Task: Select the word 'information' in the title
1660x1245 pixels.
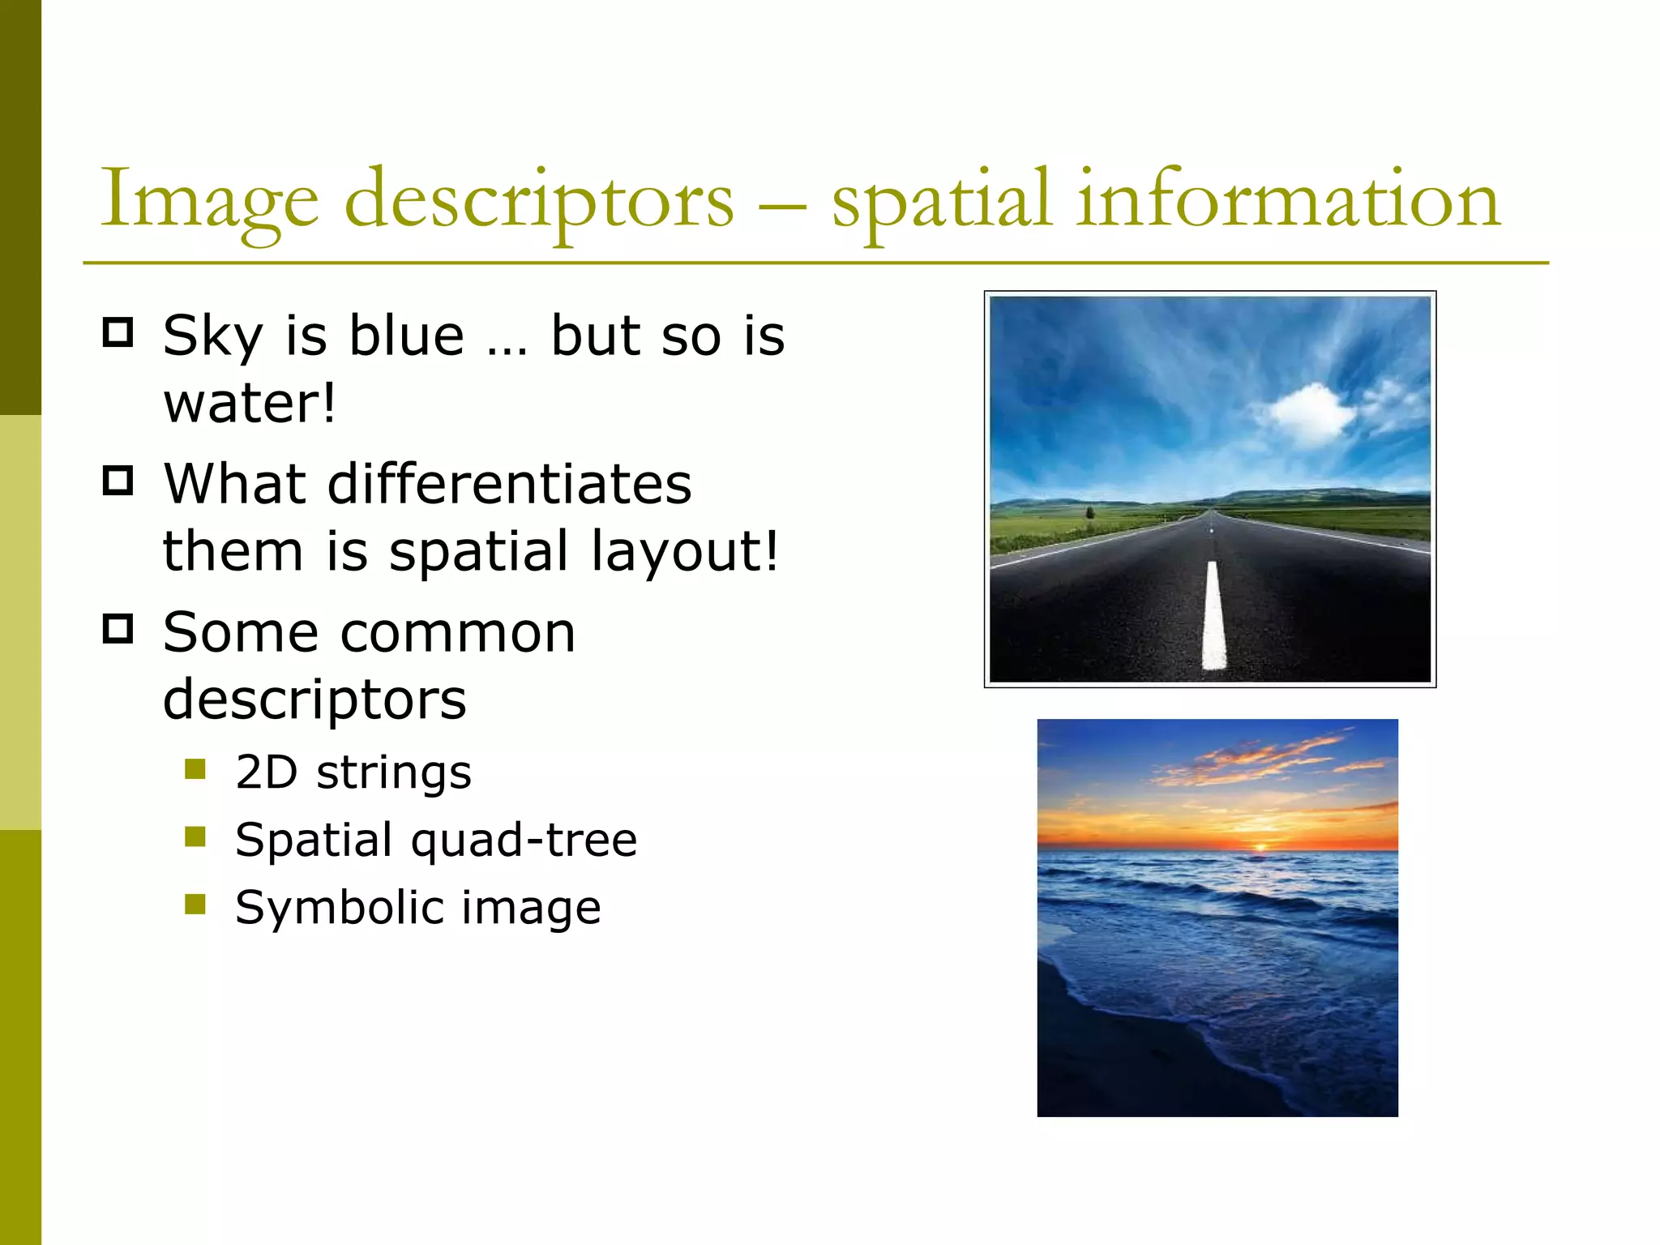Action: point(1288,199)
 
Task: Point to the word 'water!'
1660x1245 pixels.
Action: point(249,404)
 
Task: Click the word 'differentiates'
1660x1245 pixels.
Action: point(509,484)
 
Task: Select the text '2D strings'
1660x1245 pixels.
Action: point(353,772)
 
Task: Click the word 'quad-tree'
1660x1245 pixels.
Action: point(524,840)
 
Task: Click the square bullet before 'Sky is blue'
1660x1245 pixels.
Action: point(118,332)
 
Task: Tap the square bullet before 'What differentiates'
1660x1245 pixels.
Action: point(118,480)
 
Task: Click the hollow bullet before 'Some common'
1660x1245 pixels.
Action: point(118,628)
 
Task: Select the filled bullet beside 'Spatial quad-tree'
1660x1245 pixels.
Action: point(195,836)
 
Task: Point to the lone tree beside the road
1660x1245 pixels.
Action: point(1090,513)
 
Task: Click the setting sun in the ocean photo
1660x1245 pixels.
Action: point(1260,847)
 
